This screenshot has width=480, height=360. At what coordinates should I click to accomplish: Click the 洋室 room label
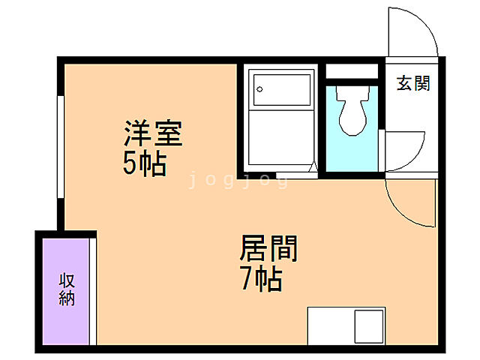tap(153, 136)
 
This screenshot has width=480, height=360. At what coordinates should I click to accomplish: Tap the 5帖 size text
tap(145, 164)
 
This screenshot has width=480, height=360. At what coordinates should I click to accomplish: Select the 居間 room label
tap(268, 248)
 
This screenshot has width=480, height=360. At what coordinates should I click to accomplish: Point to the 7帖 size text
tap(260, 279)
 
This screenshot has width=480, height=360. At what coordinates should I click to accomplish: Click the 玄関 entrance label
tap(413, 83)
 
